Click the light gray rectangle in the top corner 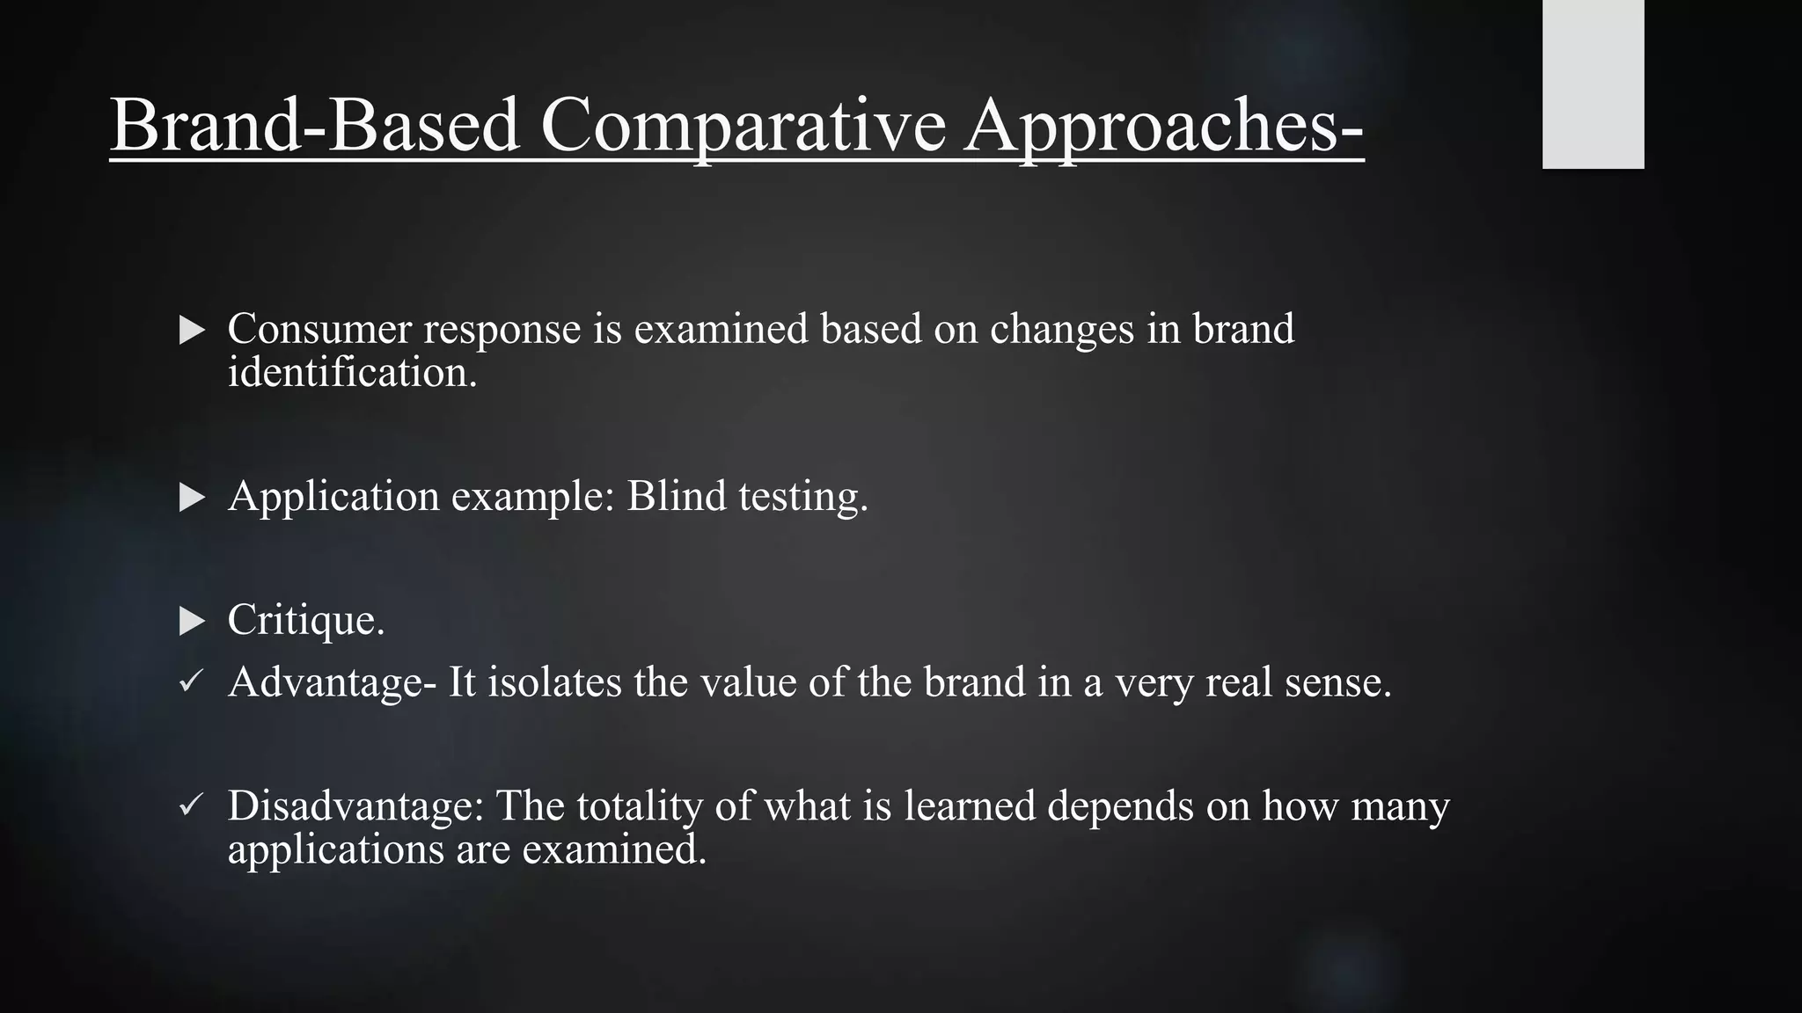click(1593, 84)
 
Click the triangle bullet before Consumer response click(191, 331)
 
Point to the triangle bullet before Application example click(191, 498)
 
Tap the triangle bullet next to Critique click(191, 622)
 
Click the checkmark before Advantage click(191, 681)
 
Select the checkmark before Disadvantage click(191, 805)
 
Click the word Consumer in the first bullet click(319, 329)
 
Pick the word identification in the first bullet click(352, 373)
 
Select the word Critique click(305, 621)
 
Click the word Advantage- click(332, 682)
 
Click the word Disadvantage click(355, 805)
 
